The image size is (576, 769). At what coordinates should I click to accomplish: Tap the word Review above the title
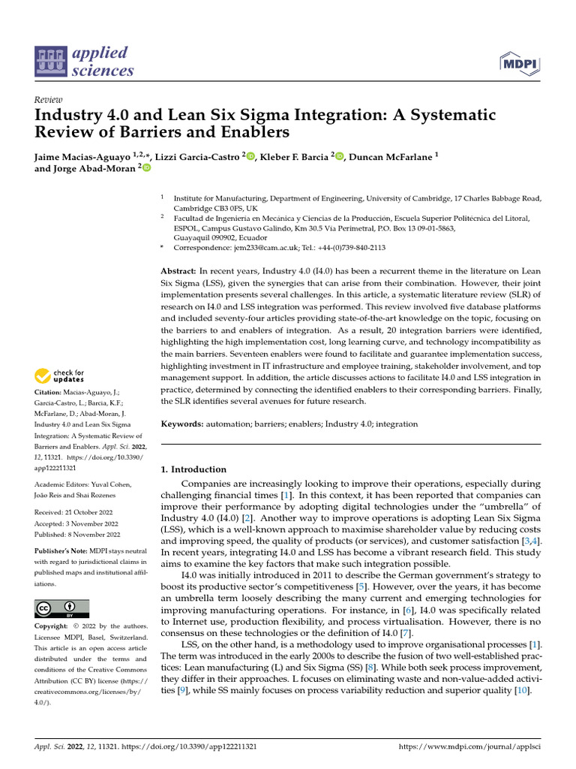49,100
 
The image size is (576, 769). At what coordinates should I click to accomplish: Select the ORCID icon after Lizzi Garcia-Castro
251,156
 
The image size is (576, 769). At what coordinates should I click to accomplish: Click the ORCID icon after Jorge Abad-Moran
146,169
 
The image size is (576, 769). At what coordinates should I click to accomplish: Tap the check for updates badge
58,376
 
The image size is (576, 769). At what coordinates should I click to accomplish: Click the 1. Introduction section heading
193,469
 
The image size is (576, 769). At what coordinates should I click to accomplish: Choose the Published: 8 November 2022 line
77,535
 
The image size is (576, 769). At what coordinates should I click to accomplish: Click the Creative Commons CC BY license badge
61,608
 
